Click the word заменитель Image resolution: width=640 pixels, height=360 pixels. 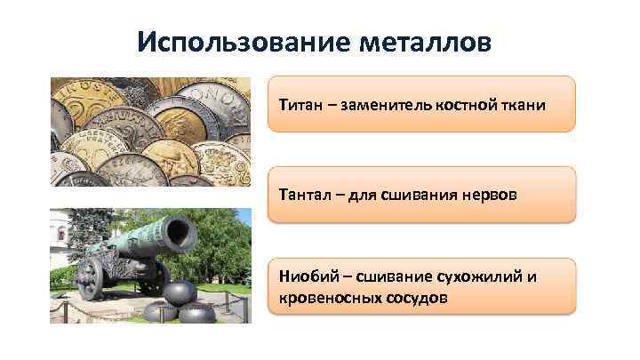(x=386, y=105)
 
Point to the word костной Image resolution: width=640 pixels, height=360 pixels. (x=468, y=105)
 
